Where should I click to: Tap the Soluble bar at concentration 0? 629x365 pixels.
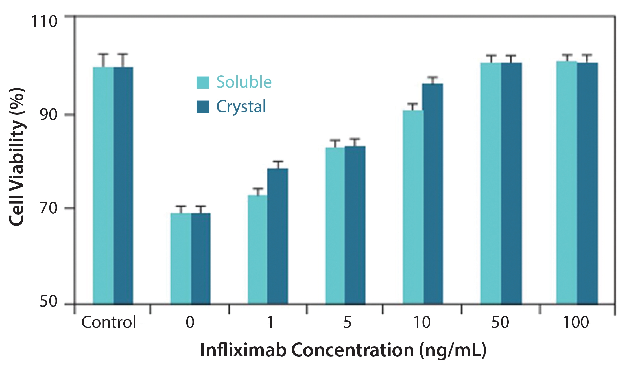181,258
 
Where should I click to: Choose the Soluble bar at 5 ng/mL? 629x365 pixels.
335,226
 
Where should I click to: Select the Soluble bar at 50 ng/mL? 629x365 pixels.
491,183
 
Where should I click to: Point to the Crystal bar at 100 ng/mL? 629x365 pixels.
587,183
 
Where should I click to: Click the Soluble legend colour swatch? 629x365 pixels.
203,82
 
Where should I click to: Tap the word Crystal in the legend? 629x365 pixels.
241,107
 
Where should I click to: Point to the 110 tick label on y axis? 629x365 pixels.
44,21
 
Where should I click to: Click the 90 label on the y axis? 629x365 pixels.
48,114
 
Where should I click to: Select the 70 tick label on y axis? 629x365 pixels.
48,208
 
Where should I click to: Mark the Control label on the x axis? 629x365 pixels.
109,322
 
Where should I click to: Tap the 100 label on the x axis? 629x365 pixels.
576,322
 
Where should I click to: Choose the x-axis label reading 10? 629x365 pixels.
422,322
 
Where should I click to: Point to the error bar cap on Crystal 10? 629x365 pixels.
433,77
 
